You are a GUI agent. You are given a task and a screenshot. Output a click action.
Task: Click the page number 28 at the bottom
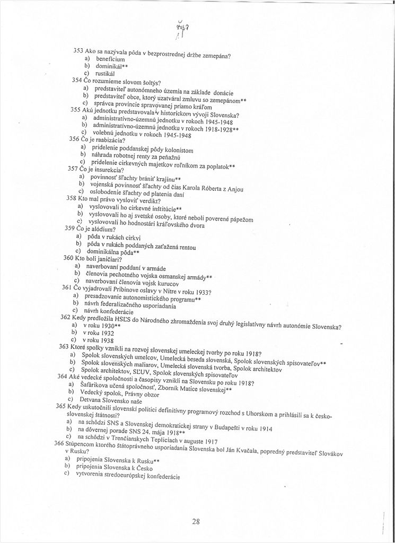pyautogui.click(x=196, y=521)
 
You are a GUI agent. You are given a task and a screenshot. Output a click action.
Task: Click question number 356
pyautogui.click(x=74, y=138)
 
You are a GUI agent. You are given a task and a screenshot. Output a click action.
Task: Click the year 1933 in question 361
pyautogui.click(x=199, y=292)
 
